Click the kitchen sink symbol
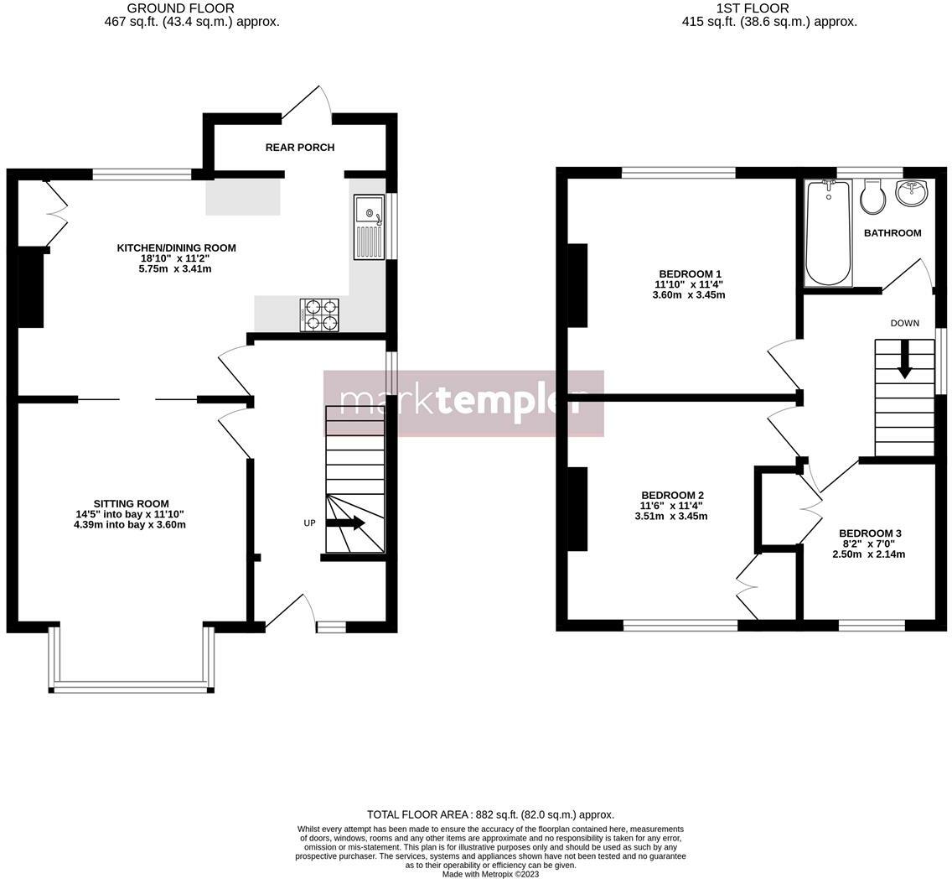coord(370,227)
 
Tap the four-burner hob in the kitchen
coord(320,315)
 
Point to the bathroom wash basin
coord(912,193)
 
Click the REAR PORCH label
coord(300,148)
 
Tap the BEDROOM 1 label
coord(690,274)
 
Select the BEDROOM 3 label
coord(870,533)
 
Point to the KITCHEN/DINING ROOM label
coord(176,248)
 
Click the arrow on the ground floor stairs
coord(346,523)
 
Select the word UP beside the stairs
coord(309,523)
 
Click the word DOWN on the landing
coord(904,323)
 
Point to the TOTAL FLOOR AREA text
coord(490,814)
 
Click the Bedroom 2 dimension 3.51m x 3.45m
coord(671,517)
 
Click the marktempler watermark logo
coord(463,403)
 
